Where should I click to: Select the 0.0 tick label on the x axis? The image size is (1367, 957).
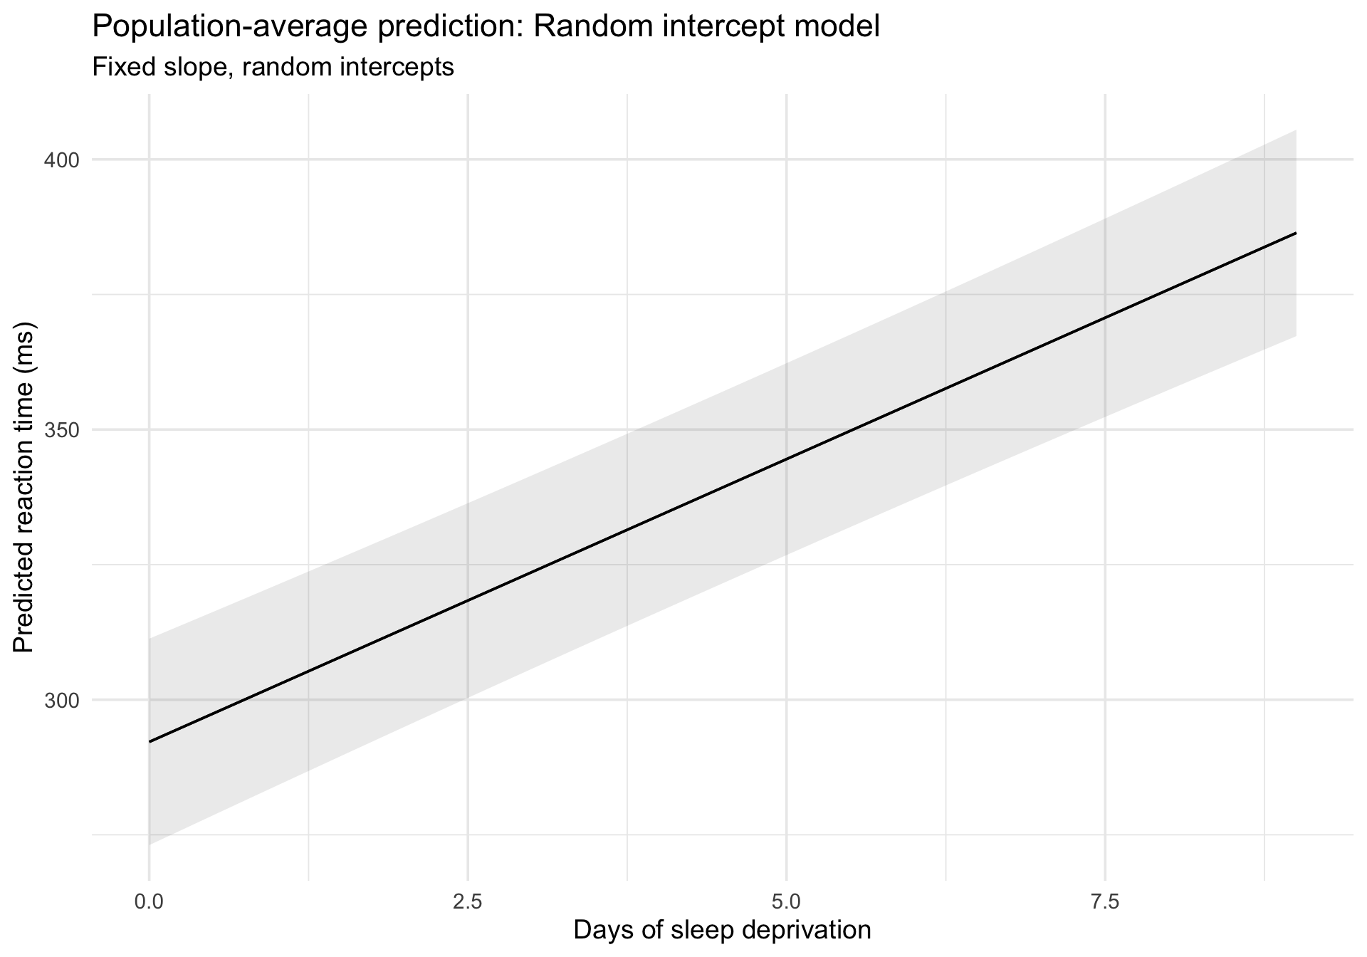[x=149, y=903]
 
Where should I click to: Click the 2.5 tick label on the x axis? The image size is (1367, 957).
[x=468, y=903]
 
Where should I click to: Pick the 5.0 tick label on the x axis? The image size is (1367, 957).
[x=787, y=903]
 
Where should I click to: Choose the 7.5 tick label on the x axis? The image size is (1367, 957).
[x=1105, y=903]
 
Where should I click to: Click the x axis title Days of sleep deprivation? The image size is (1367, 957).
[x=722, y=931]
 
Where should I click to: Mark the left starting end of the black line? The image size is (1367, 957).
[x=150, y=741]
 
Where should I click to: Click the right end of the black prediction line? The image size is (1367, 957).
[x=1296, y=233]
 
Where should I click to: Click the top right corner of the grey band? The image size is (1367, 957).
[x=1295, y=131]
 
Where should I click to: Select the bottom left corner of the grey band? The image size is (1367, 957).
[x=150, y=844]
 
